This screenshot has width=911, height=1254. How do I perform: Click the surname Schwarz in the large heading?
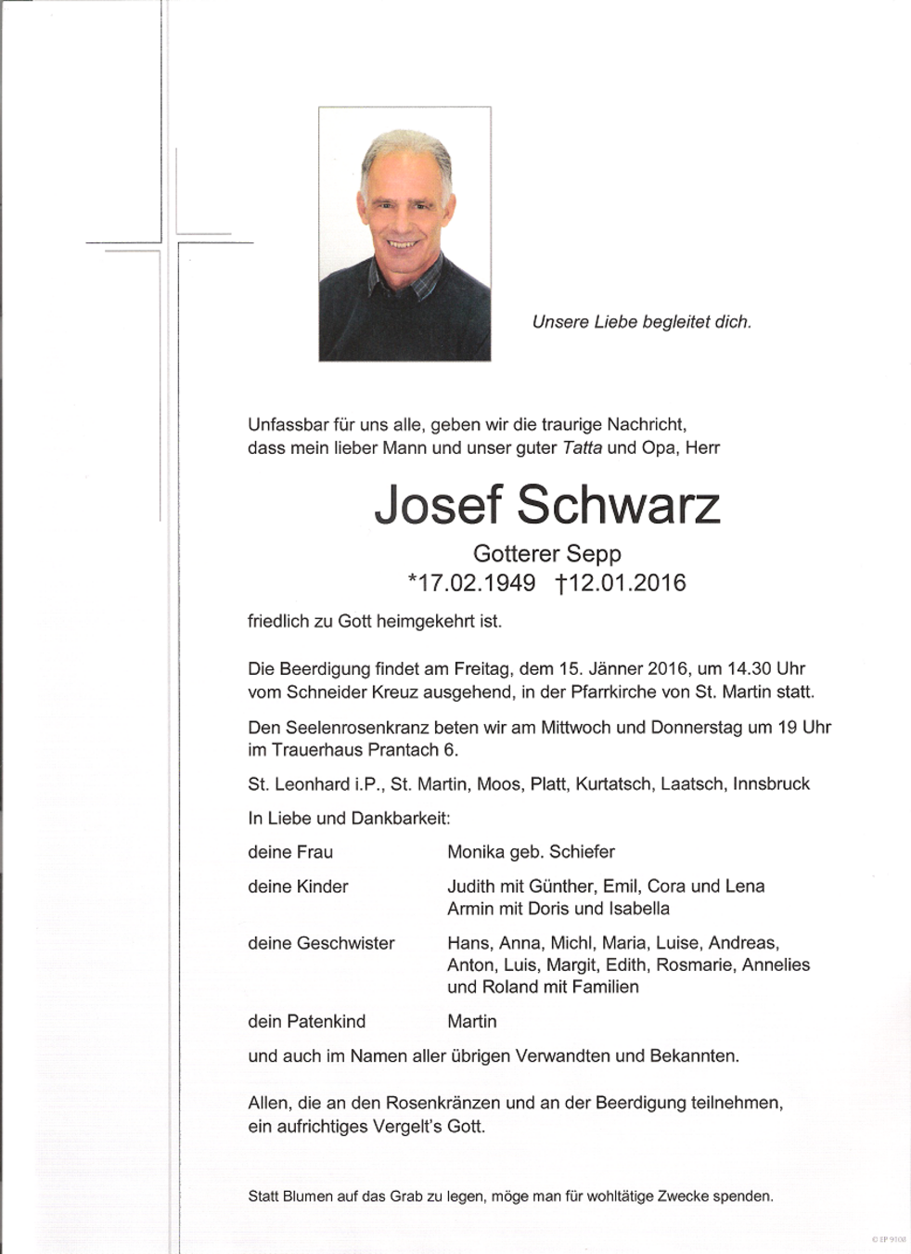618,505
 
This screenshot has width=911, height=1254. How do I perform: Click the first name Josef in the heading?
438,505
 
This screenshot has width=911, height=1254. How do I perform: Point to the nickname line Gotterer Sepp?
546,553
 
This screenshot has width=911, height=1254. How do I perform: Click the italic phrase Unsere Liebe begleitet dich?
641,322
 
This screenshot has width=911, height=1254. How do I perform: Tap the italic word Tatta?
582,447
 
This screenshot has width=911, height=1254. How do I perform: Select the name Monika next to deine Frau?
476,852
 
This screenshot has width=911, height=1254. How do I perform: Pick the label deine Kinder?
298,886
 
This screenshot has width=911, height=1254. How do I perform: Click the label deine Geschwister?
321,943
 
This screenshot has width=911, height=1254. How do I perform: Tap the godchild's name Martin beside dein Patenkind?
471,1021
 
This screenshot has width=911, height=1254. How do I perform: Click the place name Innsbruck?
771,784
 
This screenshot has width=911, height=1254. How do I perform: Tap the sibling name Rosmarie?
695,965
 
